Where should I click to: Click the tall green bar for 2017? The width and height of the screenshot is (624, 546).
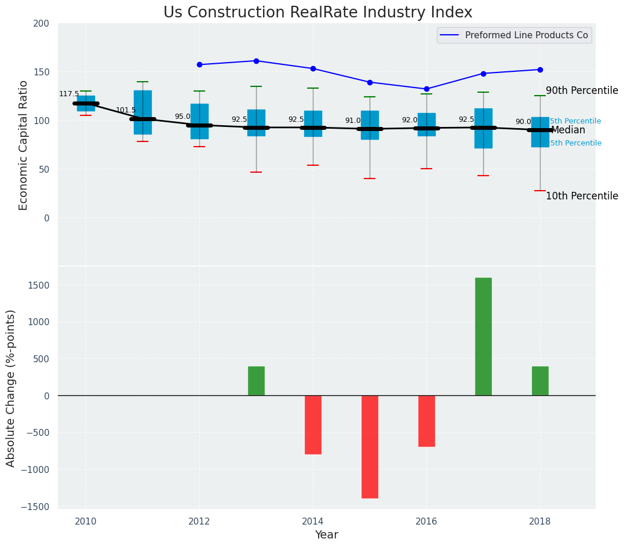pos(483,336)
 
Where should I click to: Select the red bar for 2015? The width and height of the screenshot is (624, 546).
pos(370,446)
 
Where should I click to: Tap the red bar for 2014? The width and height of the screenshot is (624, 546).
pos(313,424)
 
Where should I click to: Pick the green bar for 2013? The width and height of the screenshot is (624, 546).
pos(256,381)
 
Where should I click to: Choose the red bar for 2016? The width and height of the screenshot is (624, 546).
pos(426,421)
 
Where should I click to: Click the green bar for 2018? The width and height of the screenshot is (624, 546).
pos(540,381)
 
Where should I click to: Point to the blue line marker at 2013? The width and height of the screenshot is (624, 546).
pos(256,61)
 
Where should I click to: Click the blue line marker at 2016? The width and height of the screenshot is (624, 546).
pos(426,89)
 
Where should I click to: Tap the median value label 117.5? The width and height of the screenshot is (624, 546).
pos(69,94)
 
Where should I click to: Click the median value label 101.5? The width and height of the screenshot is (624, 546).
pos(126,110)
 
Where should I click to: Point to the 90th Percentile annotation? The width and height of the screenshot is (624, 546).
pos(582,90)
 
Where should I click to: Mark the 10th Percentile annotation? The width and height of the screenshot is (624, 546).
pos(582,196)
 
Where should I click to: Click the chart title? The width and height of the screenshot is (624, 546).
pos(318,12)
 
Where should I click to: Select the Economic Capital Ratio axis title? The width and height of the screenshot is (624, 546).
pos(24,145)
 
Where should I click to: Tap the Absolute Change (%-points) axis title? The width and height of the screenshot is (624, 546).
pos(11,388)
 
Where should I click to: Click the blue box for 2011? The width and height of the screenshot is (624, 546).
pos(143,112)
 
